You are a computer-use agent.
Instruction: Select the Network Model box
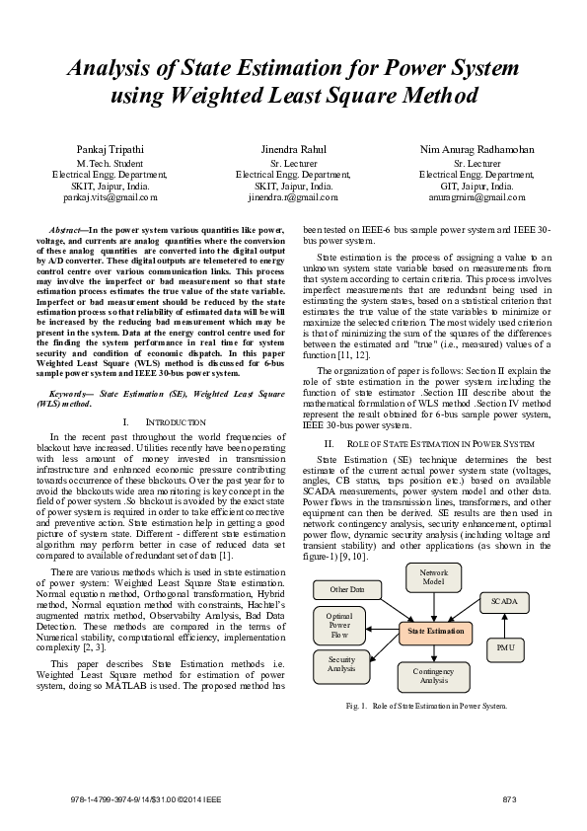click(x=433, y=577)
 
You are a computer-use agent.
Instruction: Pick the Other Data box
click(x=346, y=589)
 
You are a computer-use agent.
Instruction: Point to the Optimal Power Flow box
click(x=338, y=625)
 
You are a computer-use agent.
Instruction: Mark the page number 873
click(x=510, y=797)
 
